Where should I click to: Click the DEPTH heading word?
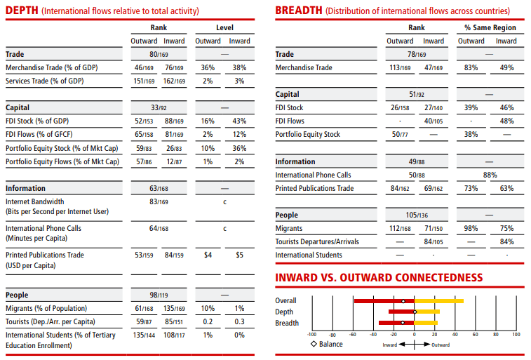coord(22,10)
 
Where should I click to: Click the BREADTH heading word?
coord(299,10)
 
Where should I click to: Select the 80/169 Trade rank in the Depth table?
coord(159,54)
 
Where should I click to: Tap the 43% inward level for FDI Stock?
coord(239,121)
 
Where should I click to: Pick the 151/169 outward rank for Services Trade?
coord(144,81)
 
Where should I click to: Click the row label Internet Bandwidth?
coord(35,201)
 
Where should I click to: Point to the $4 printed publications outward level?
coord(208,255)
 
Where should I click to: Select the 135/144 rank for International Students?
coord(144,335)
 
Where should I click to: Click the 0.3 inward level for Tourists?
coord(239,321)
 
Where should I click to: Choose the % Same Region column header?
coord(490,27)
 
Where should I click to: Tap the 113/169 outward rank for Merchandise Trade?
coord(400,67)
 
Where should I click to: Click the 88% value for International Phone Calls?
coord(490,175)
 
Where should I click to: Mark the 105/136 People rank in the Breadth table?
coord(417,215)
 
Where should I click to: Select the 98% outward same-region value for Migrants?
coord(471,228)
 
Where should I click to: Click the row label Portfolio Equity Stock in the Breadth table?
coord(308,134)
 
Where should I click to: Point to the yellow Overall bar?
coord(439,301)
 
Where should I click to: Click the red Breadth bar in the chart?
coord(396,323)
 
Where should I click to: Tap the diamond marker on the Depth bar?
coord(415,312)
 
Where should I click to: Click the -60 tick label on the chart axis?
coord(353,334)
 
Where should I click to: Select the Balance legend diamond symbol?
coord(314,344)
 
